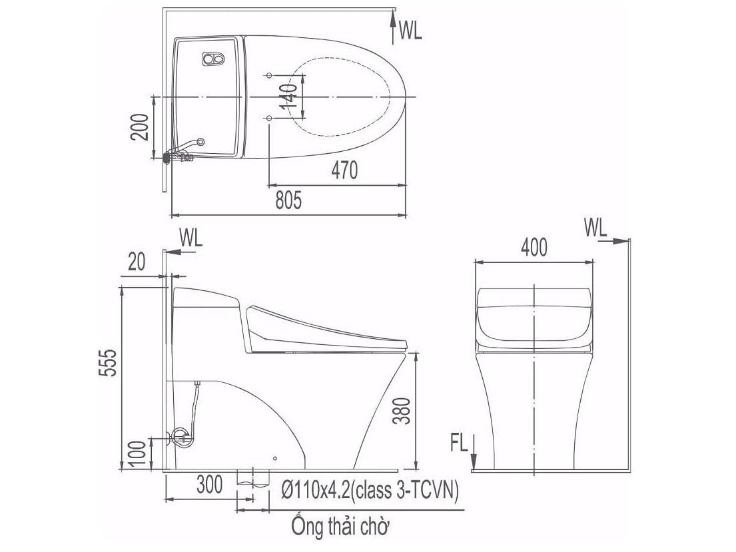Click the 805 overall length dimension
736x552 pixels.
coord(289,200)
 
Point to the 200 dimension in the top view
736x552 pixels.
coord(140,126)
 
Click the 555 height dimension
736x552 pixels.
coord(109,362)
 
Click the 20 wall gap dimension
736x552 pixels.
coord(136,263)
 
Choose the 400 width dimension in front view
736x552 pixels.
coord(534,247)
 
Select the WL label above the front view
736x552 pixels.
coord(596,228)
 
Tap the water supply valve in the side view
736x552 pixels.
coord(181,436)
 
